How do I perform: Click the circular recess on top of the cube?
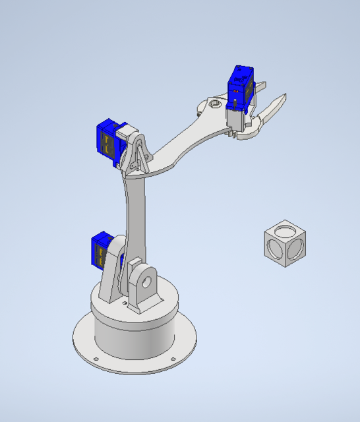(285, 231)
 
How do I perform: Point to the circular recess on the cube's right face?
(296, 249)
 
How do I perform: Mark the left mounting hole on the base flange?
(96, 359)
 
